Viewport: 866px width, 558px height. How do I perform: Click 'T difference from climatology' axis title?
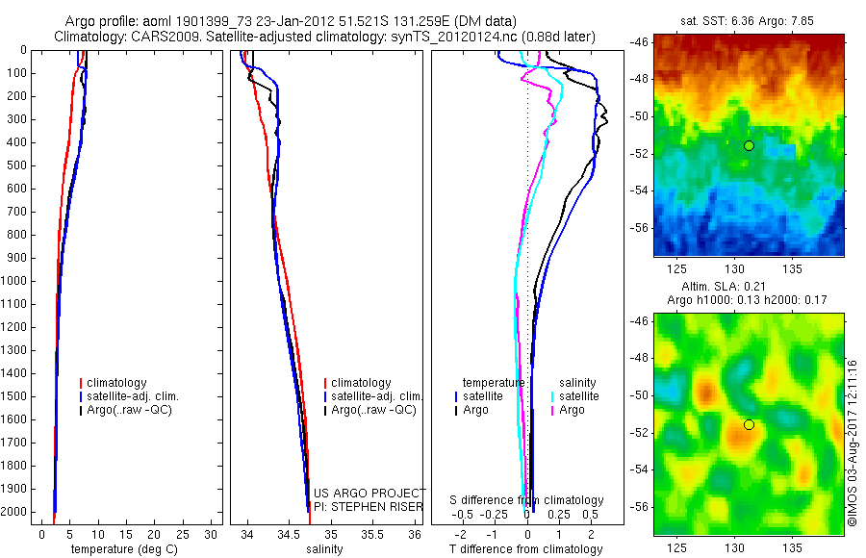pyautogui.click(x=525, y=549)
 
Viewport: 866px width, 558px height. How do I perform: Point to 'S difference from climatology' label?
pyautogui.click(x=527, y=500)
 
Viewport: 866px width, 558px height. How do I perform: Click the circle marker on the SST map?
pyautogui.click(x=749, y=145)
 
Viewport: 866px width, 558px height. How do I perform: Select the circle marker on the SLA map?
pyautogui.click(x=749, y=424)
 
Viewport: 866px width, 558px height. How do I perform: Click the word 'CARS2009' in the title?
pyautogui.click(x=159, y=37)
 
